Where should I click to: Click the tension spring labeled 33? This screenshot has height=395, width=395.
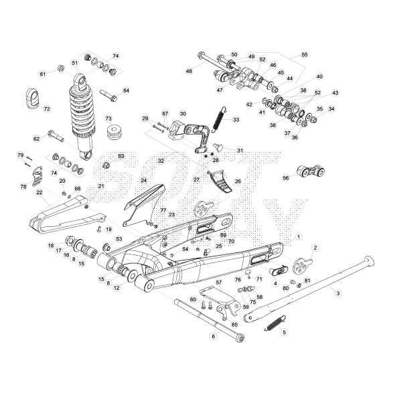(x=217, y=120)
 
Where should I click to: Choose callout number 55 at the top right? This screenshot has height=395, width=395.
(x=305, y=54)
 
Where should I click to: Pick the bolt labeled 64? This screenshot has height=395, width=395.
(x=109, y=93)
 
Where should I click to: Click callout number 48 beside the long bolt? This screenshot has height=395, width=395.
(x=189, y=71)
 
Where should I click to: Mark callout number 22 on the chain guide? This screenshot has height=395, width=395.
(x=39, y=193)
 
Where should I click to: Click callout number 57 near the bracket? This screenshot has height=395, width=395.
(x=218, y=283)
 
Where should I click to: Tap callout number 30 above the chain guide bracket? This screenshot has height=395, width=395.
(x=183, y=114)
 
